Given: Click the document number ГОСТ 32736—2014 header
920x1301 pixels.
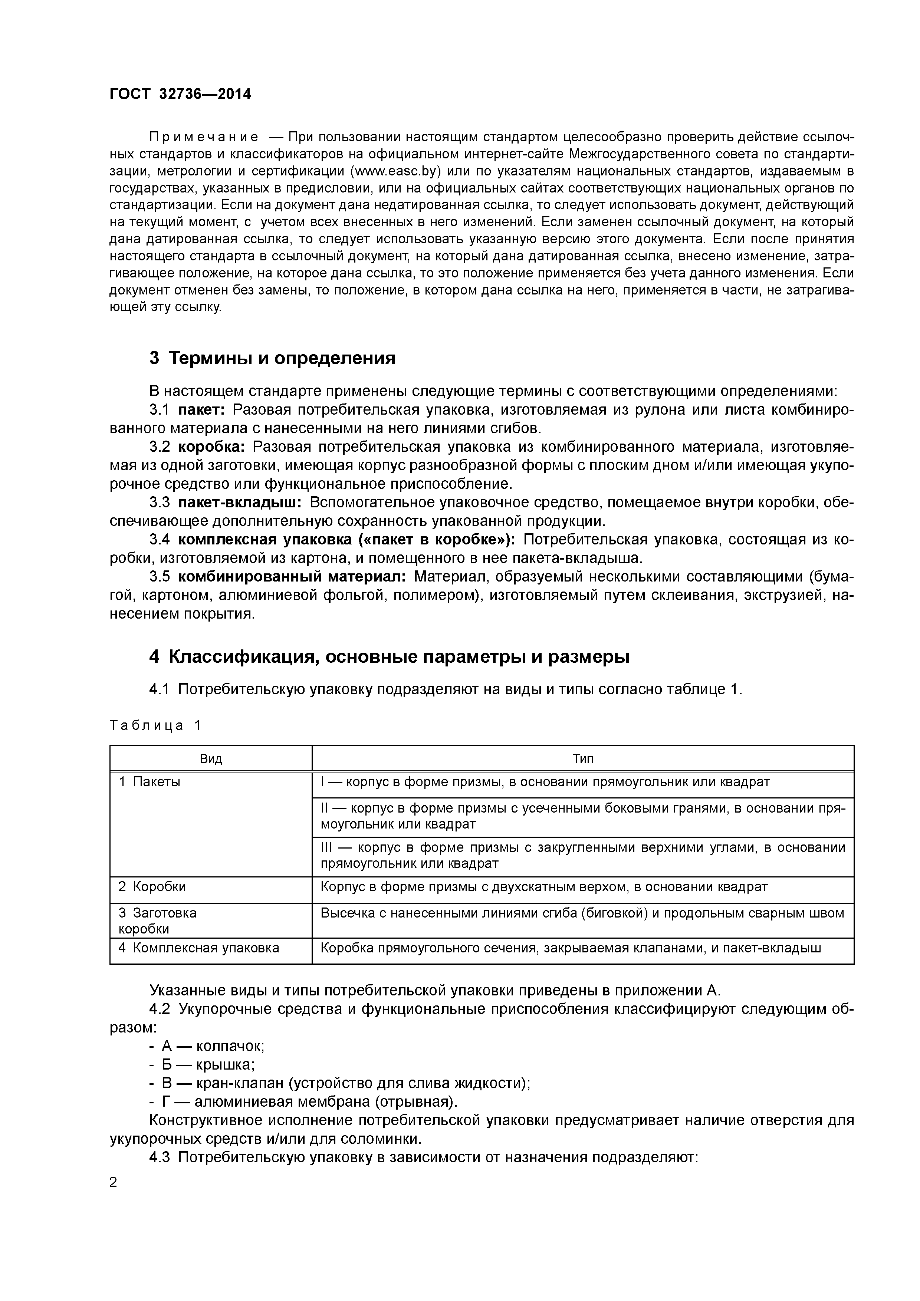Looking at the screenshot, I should (180, 94).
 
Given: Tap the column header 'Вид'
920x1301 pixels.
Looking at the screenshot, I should (211, 759).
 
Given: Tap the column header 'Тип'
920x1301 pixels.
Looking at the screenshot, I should (583, 759).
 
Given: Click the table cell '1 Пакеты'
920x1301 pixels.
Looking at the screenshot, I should (149, 782).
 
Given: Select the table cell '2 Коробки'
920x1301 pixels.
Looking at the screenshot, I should (152, 887).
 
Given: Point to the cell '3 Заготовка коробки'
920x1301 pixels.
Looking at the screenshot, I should (158, 921).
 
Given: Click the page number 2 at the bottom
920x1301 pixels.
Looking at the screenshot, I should (114, 1183).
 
